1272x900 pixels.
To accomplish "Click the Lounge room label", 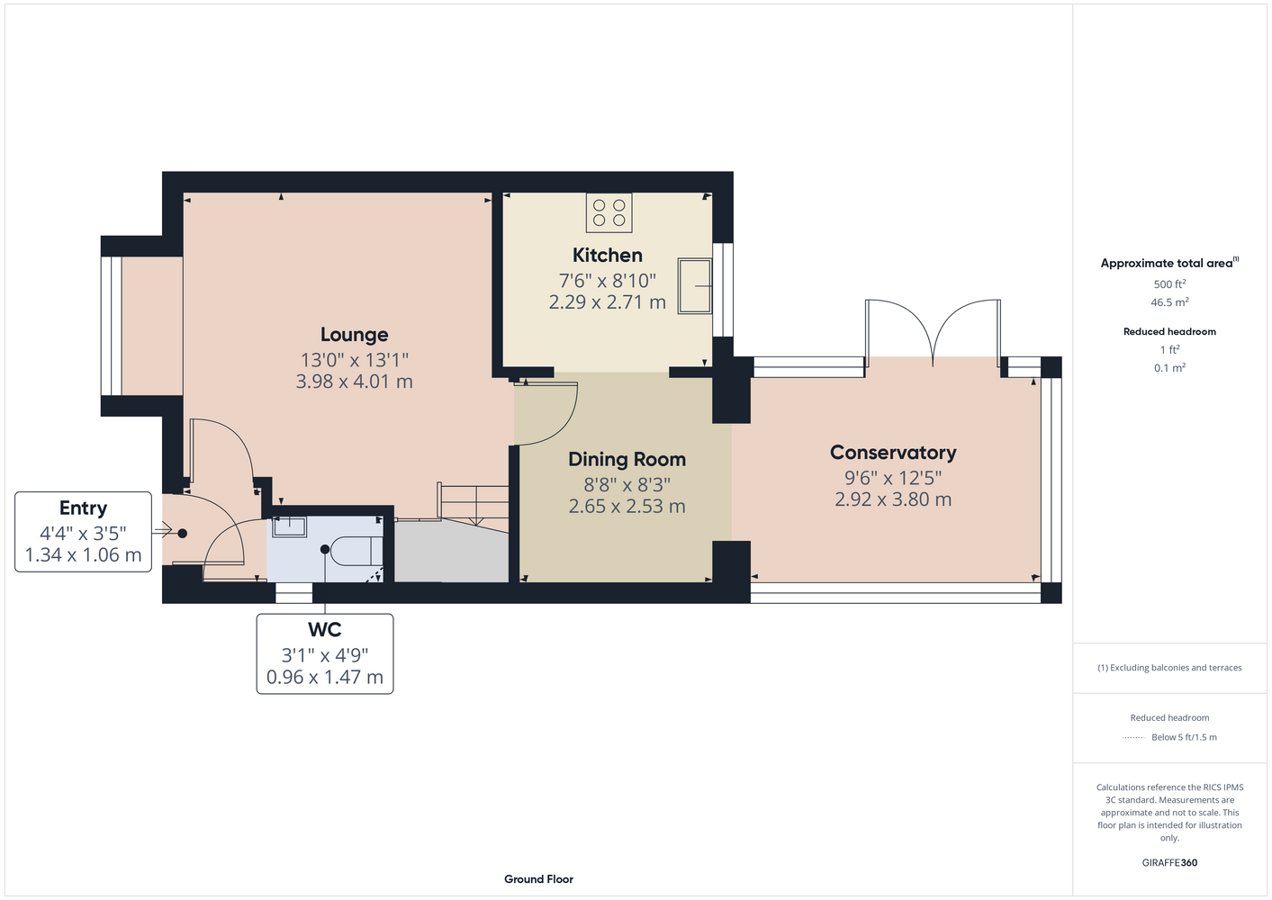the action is [355, 335].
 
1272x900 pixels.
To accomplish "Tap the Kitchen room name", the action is [607, 255].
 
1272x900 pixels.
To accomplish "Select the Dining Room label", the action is [627, 459].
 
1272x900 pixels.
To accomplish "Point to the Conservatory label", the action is [893, 453].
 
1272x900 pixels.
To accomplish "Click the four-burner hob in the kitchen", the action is [609, 213].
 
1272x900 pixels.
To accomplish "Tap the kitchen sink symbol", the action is [694, 286].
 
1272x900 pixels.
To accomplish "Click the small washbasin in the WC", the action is [289, 526].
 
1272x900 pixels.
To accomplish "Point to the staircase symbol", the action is [473, 506].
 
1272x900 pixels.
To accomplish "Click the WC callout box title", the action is [325, 630].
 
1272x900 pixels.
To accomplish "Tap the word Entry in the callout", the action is [83, 508].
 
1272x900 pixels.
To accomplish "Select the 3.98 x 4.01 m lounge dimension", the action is [355, 382].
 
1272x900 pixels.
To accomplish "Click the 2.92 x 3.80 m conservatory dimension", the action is [893, 499].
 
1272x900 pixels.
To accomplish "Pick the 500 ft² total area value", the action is [1169, 283].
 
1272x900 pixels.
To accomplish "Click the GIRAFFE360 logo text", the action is [1169, 862].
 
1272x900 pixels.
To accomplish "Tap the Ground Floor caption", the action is [539, 879].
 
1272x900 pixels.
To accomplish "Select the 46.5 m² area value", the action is [1169, 302].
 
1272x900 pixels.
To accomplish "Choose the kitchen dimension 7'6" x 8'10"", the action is [607, 281].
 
